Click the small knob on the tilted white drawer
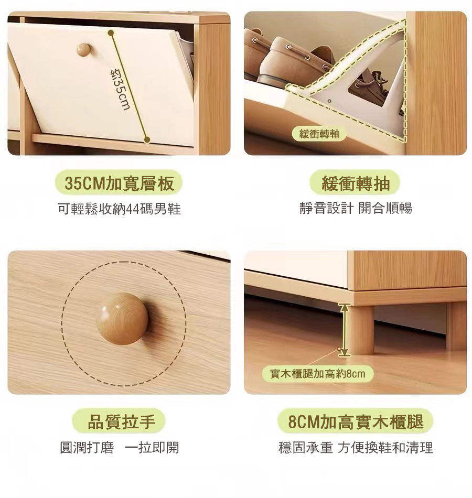tap(83, 50)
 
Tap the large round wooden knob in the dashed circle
tap(122, 319)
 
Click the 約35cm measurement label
tap(120, 89)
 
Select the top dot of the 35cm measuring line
tap(111, 33)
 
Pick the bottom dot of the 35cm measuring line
tap(147, 139)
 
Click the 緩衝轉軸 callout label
tap(319, 134)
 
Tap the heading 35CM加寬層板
tap(119, 183)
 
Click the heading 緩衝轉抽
tap(356, 183)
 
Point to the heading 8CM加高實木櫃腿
tap(356, 422)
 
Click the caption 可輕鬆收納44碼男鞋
tap(120, 209)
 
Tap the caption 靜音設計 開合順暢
tap(356, 208)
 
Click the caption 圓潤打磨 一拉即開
tap(120, 448)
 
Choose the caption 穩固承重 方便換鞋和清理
tap(356, 448)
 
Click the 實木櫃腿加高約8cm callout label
tap(317, 374)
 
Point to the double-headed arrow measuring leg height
tap(344, 330)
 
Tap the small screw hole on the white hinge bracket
tap(329, 101)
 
